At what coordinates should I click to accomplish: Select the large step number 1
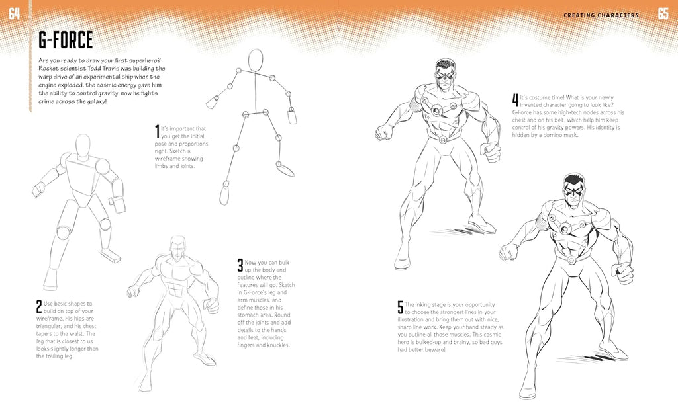[x=157, y=130]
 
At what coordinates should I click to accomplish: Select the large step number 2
[x=39, y=306]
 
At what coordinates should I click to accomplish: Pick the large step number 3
[x=240, y=265]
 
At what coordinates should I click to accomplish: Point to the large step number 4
[x=515, y=101]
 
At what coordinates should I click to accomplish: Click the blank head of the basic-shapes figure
[x=83, y=146]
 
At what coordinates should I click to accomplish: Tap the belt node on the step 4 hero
[x=442, y=138]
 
